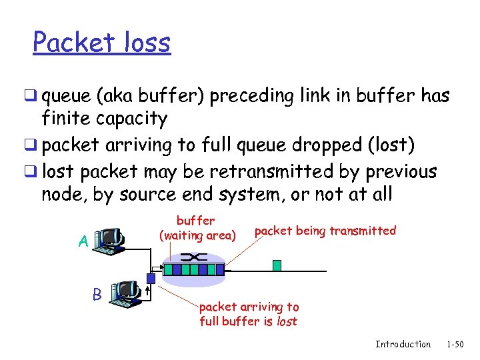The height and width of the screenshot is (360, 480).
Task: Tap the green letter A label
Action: [83, 241]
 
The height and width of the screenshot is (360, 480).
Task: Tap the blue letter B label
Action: [97, 294]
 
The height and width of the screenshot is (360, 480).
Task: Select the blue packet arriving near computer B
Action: [151, 279]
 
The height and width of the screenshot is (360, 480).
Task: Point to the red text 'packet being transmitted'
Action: [325, 231]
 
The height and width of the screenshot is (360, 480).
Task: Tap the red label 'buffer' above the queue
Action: [195, 220]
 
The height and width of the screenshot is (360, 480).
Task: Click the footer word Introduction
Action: [403, 344]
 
